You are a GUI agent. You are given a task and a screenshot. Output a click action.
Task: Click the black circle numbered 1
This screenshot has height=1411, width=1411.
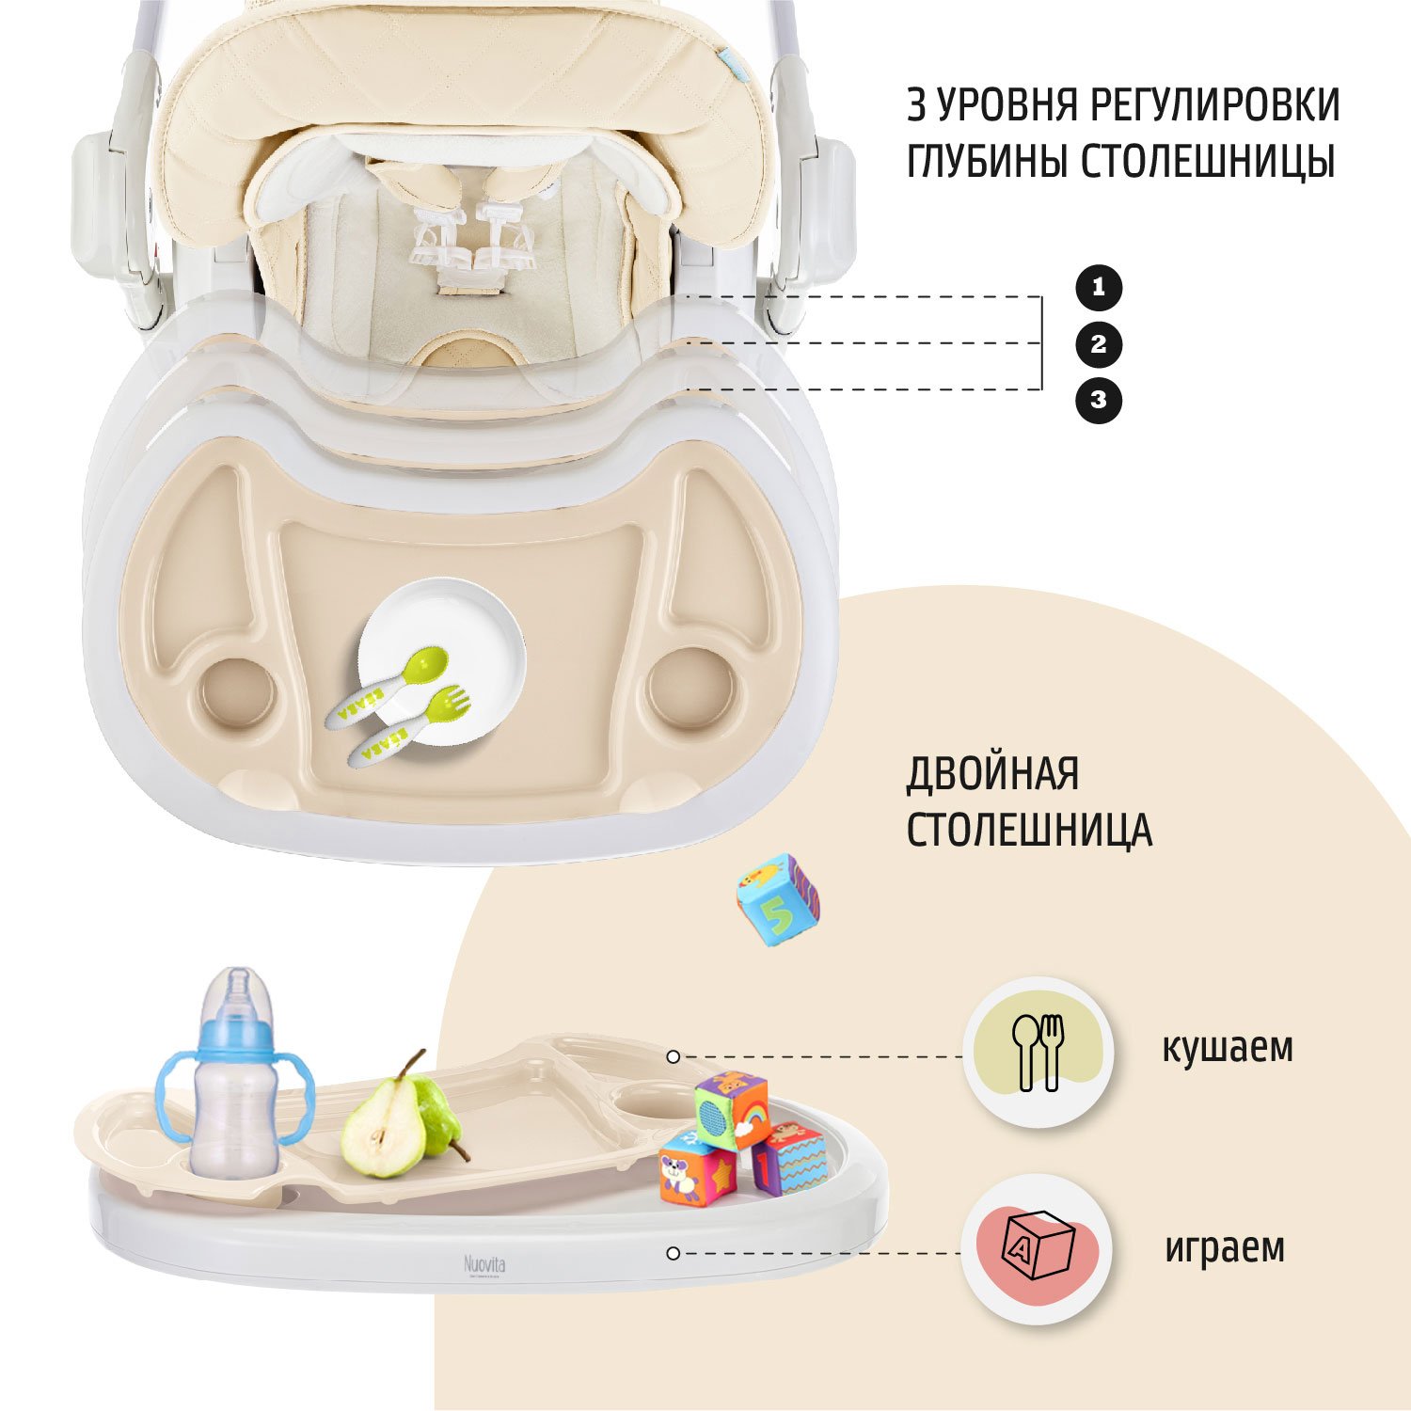click(x=1099, y=288)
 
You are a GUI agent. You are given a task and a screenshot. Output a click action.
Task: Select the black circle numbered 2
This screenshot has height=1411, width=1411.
click(x=1099, y=344)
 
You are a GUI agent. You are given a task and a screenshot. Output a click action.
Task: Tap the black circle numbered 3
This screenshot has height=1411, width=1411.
click(x=1099, y=400)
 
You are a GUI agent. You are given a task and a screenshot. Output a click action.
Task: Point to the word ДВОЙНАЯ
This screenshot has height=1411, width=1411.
click(x=992, y=774)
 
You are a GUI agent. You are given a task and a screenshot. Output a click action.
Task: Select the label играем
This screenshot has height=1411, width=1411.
click(x=1225, y=1247)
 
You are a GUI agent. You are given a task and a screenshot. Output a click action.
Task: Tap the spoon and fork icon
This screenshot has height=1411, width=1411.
click(x=1037, y=1052)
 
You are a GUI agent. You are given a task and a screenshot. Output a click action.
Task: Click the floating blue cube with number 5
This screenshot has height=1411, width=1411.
click(x=779, y=899)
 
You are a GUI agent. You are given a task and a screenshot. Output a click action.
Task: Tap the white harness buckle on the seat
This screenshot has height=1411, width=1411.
click(x=470, y=240)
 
